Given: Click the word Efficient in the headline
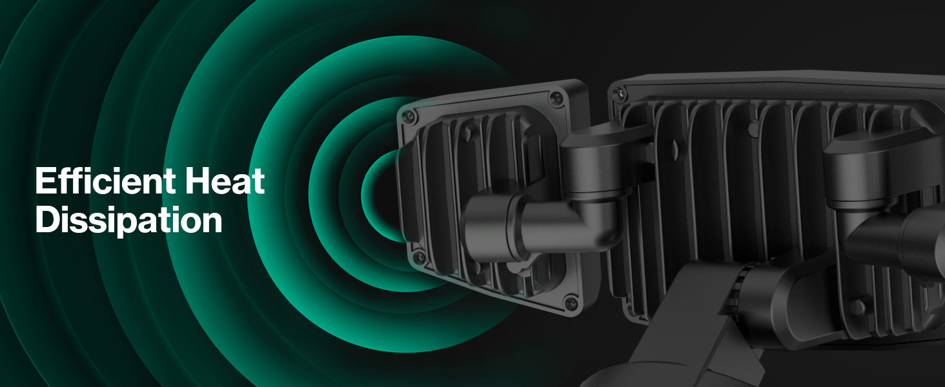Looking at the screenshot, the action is [105, 181].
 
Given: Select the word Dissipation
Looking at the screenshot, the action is [128, 220].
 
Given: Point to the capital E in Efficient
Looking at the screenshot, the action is [46, 181].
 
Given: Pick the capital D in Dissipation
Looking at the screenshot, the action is [47, 219].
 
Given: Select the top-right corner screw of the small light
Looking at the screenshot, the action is [557, 98].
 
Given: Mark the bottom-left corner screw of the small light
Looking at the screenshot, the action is [419, 257].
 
